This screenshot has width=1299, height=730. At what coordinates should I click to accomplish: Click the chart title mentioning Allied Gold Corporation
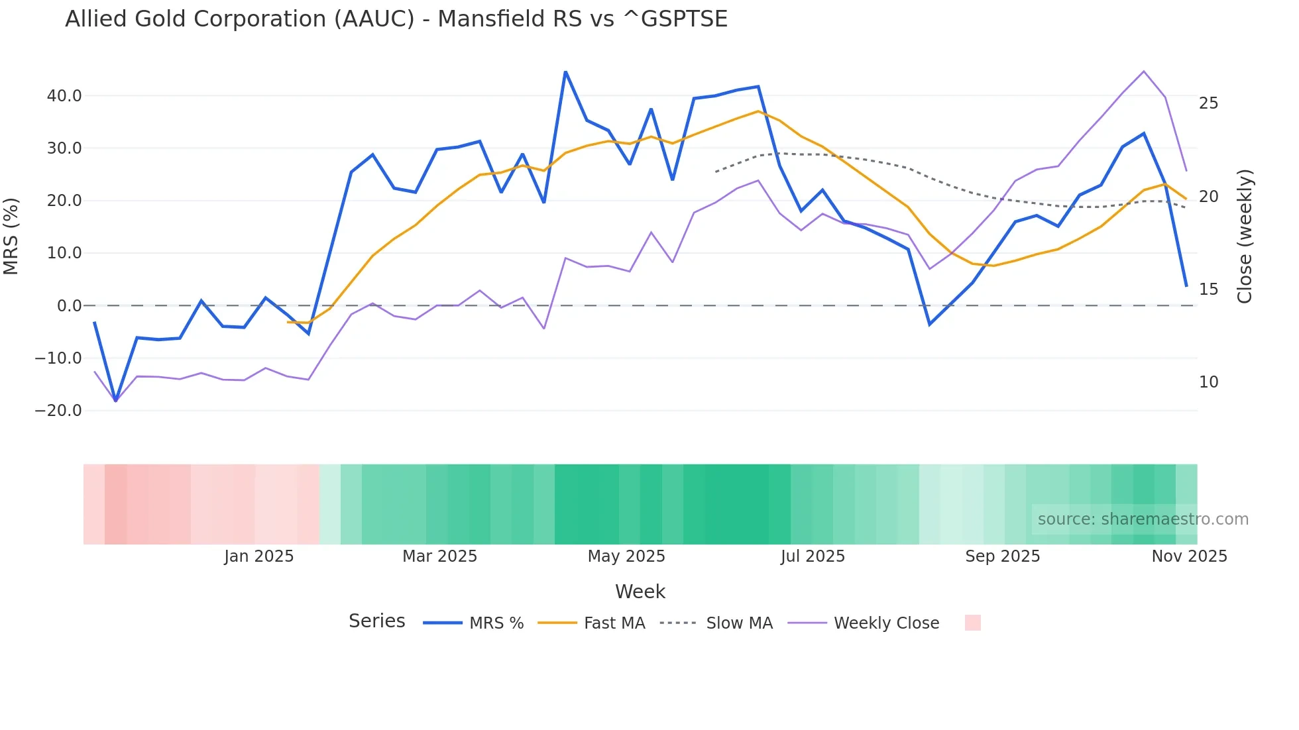396,19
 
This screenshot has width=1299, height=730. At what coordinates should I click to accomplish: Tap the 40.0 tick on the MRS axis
64,96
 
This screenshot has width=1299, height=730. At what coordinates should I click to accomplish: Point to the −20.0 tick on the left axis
59,411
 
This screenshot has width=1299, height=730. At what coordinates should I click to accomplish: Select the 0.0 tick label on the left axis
69,306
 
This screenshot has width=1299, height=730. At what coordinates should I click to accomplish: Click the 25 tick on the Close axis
1208,103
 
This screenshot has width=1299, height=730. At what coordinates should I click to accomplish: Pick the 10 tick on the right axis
1208,382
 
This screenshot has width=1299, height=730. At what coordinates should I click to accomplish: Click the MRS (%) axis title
11,236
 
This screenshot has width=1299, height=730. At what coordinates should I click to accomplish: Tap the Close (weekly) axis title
1245,236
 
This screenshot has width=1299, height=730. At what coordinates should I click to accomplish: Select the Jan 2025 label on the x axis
258,556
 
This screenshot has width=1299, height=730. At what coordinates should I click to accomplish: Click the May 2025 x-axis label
626,556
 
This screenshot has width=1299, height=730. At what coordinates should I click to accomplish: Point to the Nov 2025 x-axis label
1189,556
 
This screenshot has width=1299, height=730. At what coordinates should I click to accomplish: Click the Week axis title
640,592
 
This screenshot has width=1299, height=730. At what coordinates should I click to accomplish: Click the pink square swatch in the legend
972,623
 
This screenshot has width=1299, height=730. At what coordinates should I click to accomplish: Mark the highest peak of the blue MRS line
565,72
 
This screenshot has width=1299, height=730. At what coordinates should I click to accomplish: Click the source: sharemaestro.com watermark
1143,519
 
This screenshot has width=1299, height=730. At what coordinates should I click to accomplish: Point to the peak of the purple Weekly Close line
1144,72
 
